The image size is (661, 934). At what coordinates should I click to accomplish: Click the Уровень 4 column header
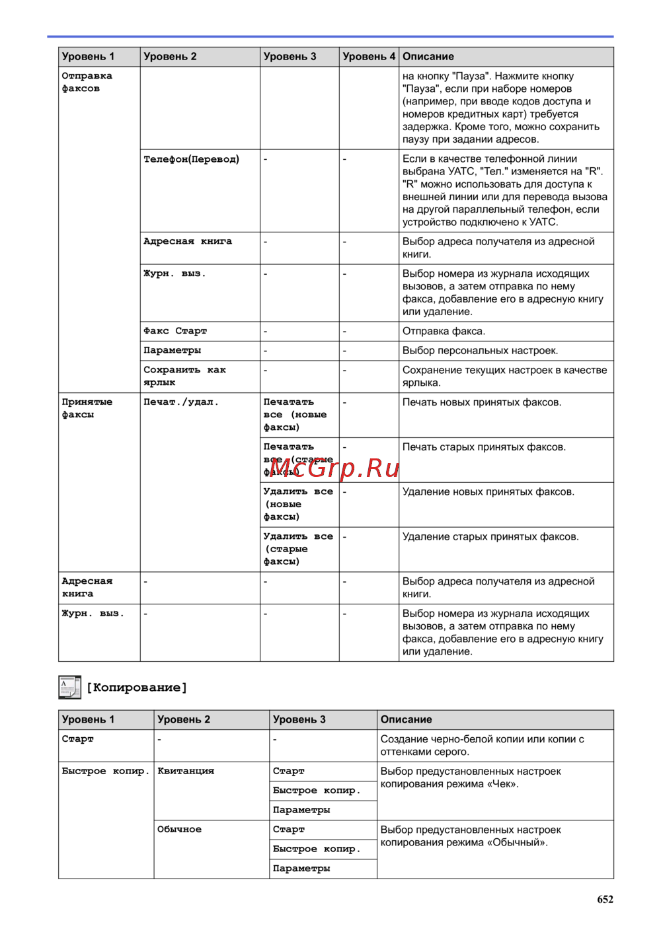369,57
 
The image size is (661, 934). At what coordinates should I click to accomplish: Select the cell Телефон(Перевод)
192,159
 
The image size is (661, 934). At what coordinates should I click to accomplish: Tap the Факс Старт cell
175,331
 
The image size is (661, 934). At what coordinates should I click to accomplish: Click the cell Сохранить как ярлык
185,376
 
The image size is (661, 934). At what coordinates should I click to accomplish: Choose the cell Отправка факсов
87,82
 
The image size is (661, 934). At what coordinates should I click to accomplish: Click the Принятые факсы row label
87,408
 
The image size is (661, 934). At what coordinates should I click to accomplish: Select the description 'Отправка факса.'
444,331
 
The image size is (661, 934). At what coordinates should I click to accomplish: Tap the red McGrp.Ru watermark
334,468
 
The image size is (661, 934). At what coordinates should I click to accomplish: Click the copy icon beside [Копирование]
69,687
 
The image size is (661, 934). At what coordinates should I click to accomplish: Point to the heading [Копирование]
137,688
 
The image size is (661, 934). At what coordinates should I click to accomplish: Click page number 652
605,899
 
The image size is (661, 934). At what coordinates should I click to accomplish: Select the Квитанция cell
186,771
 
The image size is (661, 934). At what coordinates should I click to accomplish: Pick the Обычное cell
179,830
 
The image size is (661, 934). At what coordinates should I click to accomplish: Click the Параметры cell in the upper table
173,350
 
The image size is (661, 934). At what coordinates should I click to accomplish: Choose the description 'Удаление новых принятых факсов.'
488,492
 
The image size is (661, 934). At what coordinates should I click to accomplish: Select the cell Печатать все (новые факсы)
295,414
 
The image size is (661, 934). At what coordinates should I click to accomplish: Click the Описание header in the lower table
406,719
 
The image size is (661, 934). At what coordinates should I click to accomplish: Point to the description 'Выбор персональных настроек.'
480,351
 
